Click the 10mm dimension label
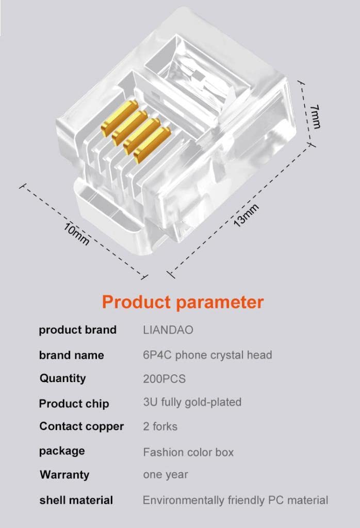pos(76,234)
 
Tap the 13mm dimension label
pos(246,216)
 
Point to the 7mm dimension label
pos(315,117)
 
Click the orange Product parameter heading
pos(183,302)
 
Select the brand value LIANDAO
pos(168,329)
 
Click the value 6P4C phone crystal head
pos(207,355)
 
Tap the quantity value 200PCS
pos(165,379)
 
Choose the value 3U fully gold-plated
pos(192,402)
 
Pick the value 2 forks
pos(160,426)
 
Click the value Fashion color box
pos(188,452)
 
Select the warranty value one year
pos(166,475)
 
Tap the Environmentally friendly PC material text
pos(235,500)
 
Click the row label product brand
pos(78,330)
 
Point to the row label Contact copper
pos(81,426)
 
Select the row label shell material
pos(76,500)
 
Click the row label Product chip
pos(74,403)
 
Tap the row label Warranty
pos(64,475)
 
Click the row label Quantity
pos(62,378)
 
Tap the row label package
pos(62,451)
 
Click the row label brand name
pos(71,355)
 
